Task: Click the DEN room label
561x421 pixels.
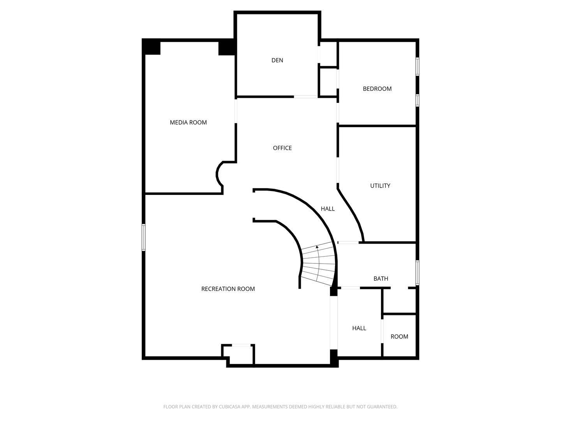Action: (277, 60)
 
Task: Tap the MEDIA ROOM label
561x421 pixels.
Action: (188, 122)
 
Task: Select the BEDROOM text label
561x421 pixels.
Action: (377, 89)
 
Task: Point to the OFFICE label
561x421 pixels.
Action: (282, 148)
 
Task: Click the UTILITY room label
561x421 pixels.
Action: (380, 186)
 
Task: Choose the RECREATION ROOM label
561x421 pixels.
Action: (228, 289)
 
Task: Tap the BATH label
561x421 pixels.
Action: (381, 279)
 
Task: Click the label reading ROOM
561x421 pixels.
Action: (399, 337)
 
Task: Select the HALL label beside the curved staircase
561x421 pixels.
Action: (328, 209)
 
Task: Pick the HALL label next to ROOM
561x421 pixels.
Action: (359, 328)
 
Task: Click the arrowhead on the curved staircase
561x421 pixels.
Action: (317, 247)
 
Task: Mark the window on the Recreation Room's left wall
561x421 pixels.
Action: (144, 237)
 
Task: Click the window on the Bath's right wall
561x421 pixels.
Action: (417, 273)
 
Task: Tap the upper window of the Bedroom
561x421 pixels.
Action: (417, 67)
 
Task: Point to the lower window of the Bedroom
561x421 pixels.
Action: (417, 100)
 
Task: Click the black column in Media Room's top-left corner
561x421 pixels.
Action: (151, 47)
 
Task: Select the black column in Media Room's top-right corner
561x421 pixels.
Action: (227, 48)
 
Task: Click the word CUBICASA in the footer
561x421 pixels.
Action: (229, 407)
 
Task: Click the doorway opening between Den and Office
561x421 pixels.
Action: (306, 97)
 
